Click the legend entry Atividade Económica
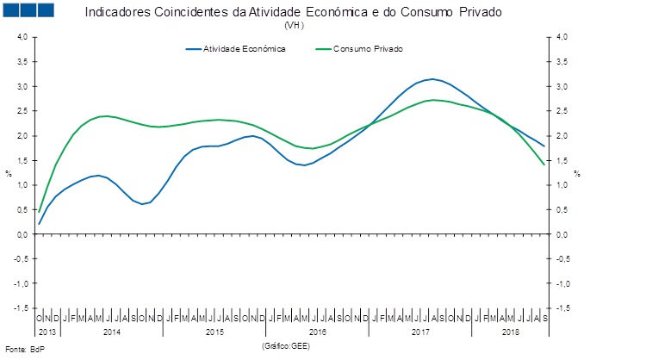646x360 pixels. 244,49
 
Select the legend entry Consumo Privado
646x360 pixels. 367,49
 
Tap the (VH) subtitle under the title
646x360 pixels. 294,26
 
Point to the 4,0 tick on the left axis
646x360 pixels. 22,37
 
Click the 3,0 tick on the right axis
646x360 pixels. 562,86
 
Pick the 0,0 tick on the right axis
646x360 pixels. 562,234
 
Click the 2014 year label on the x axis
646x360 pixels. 112,332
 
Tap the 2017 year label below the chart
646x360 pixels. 420,332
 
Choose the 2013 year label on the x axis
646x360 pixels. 48,332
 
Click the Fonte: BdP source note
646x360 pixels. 25,350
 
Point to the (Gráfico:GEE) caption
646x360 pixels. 284,345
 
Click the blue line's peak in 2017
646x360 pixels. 432,79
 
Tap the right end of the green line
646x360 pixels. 544,164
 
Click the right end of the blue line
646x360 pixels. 544,146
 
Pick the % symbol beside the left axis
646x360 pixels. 9,173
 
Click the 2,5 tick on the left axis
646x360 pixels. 22,111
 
